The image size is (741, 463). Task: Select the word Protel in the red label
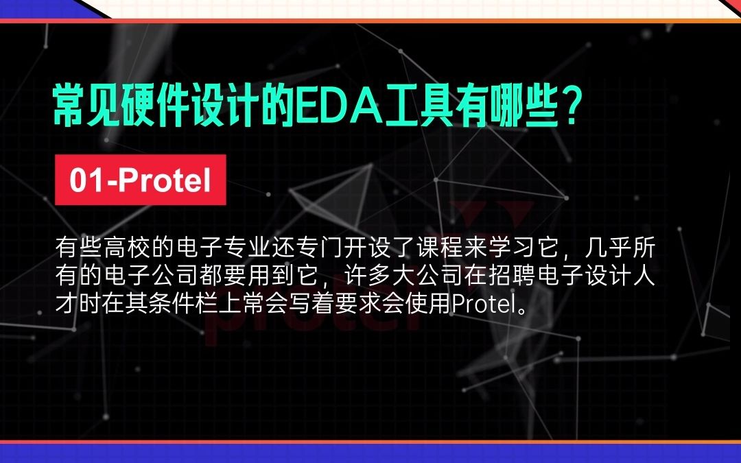[164, 180]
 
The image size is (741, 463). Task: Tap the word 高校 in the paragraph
[128, 248]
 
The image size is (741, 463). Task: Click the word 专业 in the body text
[248, 248]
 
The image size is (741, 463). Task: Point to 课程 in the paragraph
[440, 248]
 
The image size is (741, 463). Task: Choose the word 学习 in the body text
[513, 248]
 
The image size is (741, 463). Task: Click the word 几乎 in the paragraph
[609, 248]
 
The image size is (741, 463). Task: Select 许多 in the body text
[368, 276]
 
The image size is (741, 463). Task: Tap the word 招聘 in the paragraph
[513, 276]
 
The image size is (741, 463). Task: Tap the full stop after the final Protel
[520, 310]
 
